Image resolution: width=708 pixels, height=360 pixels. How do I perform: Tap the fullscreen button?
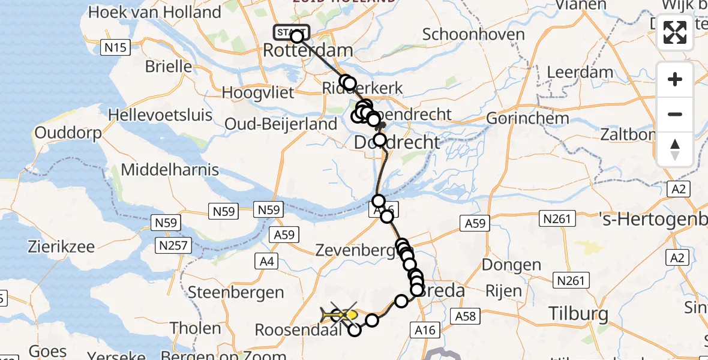(675, 32)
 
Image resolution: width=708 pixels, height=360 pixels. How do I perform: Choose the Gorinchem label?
(527, 118)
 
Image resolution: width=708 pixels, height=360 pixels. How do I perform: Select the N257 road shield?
(172, 245)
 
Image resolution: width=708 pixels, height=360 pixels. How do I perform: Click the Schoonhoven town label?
(473, 34)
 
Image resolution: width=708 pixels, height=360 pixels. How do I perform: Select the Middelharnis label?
(170, 169)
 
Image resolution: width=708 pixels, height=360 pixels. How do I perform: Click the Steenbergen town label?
(236, 293)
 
